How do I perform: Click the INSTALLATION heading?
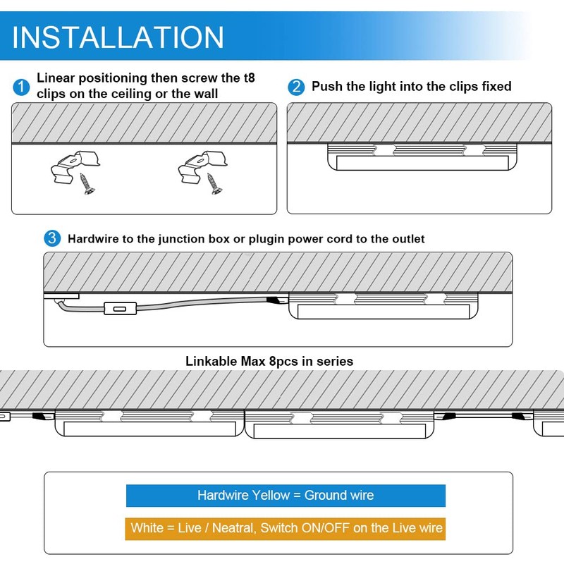tap(118, 37)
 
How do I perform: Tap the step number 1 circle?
tap(21, 87)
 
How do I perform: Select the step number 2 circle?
tap(296, 87)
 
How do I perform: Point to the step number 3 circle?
tap(52, 239)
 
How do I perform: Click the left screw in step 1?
tap(87, 185)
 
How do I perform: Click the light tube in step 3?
tap(386, 311)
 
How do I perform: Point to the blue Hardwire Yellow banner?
tap(286, 496)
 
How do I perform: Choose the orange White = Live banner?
tap(286, 527)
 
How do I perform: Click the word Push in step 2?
tap(326, 87)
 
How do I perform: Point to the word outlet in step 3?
tap(405, 239)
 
